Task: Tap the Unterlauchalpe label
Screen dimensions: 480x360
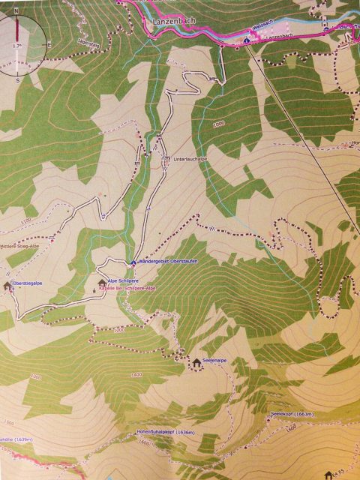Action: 190,159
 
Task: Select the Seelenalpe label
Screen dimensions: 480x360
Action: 214,361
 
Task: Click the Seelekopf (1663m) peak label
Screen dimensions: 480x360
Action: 292,413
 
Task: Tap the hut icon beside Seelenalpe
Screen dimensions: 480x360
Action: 196,362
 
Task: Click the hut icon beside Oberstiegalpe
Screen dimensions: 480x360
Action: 7,285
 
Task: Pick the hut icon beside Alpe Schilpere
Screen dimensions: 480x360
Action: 102,282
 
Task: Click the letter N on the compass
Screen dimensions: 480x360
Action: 16,12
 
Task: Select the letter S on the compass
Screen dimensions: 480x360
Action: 16,78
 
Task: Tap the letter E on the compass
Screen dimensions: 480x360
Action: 49,45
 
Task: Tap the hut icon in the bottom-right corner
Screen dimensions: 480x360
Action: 327,475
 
